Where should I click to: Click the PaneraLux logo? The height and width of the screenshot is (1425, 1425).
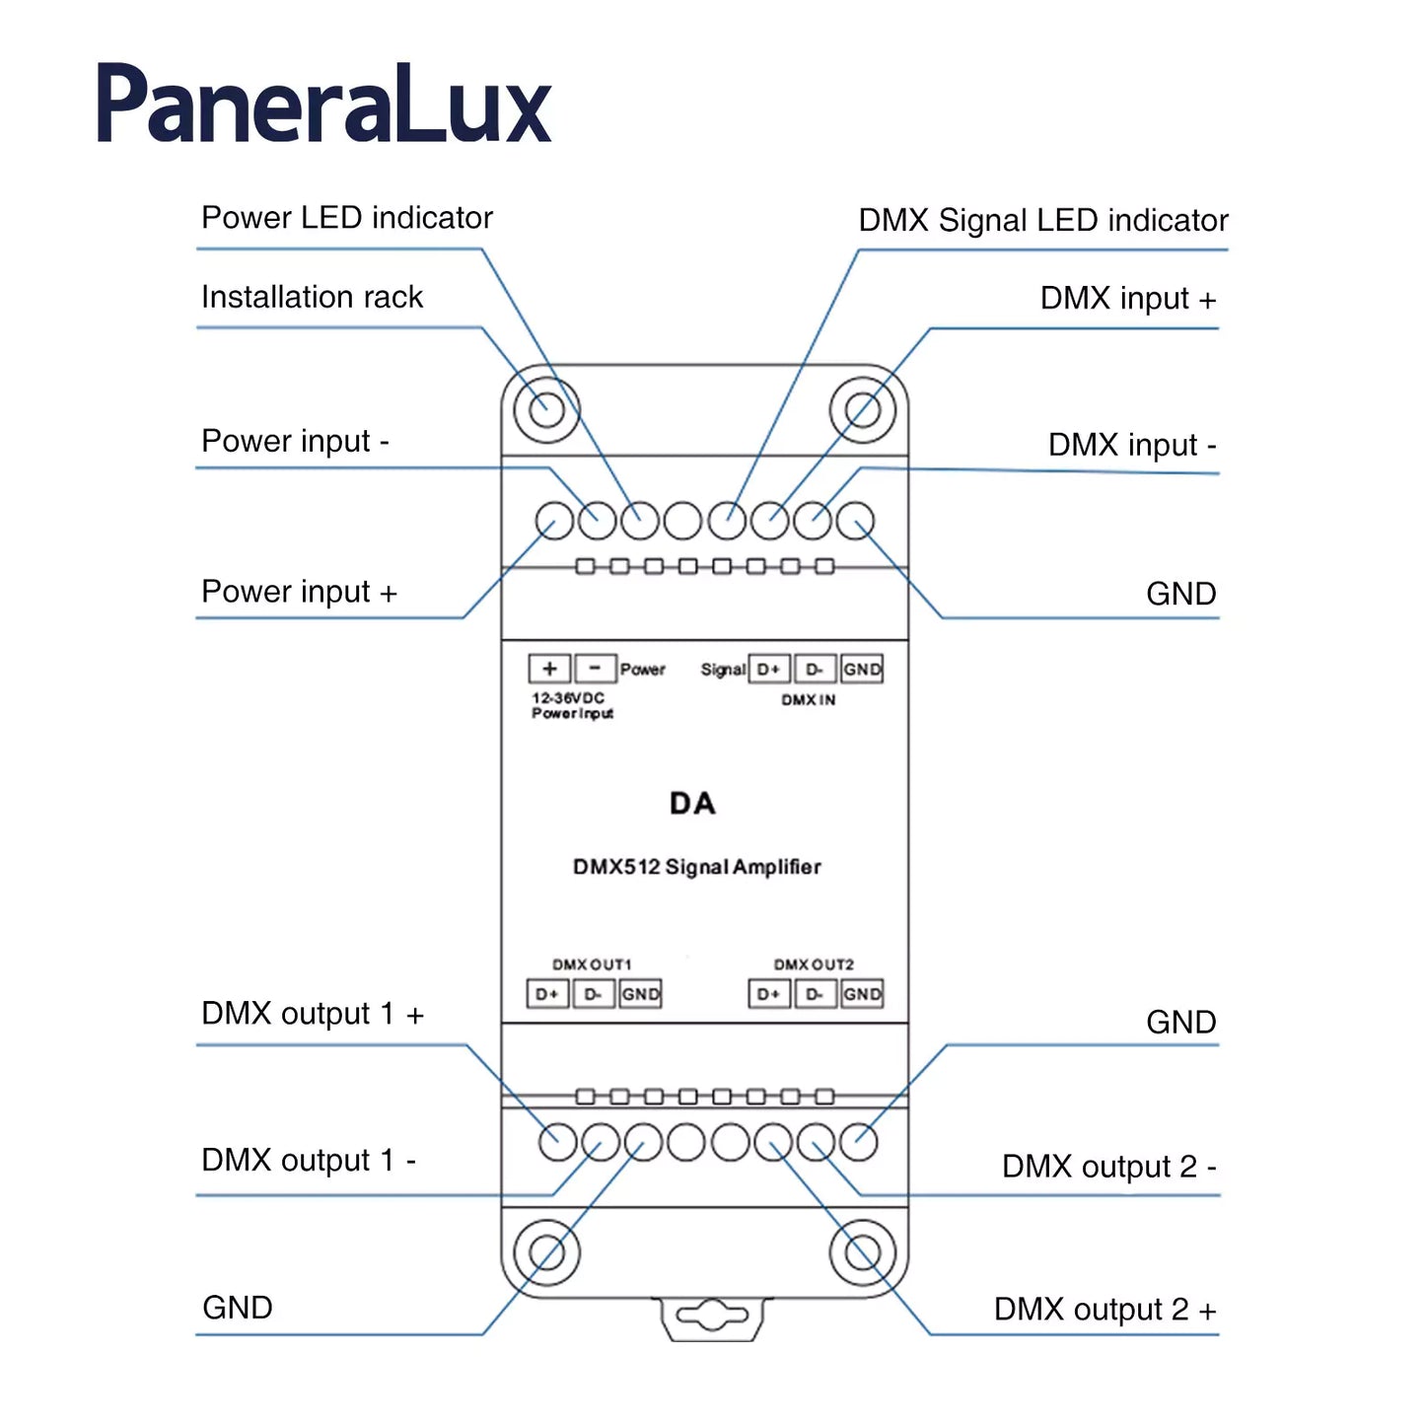323,105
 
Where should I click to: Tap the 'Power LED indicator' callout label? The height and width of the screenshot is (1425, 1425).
346,218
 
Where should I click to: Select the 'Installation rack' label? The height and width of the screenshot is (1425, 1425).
312,297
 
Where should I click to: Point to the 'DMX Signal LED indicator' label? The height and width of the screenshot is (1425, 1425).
1042,220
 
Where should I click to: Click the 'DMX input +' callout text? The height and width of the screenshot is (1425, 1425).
1127,298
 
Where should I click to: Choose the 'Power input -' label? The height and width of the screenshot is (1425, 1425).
295,441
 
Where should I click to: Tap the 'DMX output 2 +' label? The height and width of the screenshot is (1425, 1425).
1104,1310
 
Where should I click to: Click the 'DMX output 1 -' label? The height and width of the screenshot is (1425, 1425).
308,1160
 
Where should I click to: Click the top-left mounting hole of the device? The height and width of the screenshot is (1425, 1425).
546,409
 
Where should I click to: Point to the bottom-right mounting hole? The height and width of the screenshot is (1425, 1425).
862,1252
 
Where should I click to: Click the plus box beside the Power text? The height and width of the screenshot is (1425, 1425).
549,669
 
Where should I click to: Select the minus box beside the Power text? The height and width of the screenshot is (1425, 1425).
595,669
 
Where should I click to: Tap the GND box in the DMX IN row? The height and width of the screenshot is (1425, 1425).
862,670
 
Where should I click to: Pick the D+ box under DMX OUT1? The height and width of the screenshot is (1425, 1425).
547,994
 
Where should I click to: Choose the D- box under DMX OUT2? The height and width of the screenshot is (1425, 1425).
815,994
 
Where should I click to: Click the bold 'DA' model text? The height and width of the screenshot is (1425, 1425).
692,804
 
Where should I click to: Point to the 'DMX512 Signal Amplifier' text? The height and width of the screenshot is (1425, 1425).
696,867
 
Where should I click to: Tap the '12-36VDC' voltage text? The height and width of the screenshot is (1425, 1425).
568,697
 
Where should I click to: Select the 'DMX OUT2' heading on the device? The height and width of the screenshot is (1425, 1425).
814,964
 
